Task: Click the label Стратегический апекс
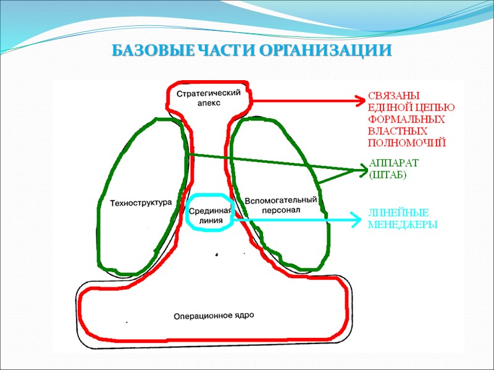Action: pyautogui.click(x=208, y=98)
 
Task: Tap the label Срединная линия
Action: pyautogui.click(x=209, y=215)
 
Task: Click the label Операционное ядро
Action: pyautogui.click(x=214, y=315)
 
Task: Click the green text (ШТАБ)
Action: pyautogui.click(x=388, y=175)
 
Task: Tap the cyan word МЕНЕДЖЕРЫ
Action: pyautogui.click(x=402, y=224)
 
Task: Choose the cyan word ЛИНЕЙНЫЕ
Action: pyautogui.click(x=398, y=213)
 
